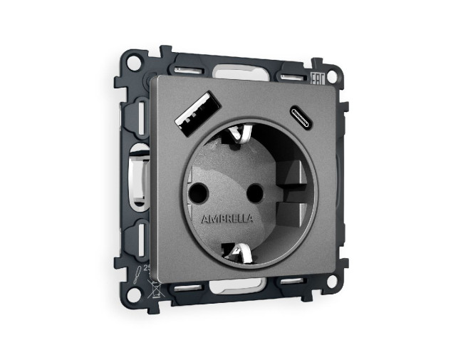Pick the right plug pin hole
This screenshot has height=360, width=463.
click(250, 192)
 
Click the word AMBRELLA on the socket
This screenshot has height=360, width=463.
click(227, 218)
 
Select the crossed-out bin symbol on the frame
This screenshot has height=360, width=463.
click(152, 289)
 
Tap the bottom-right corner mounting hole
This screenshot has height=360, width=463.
click(331, 282)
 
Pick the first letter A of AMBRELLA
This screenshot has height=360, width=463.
click(206, 217)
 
